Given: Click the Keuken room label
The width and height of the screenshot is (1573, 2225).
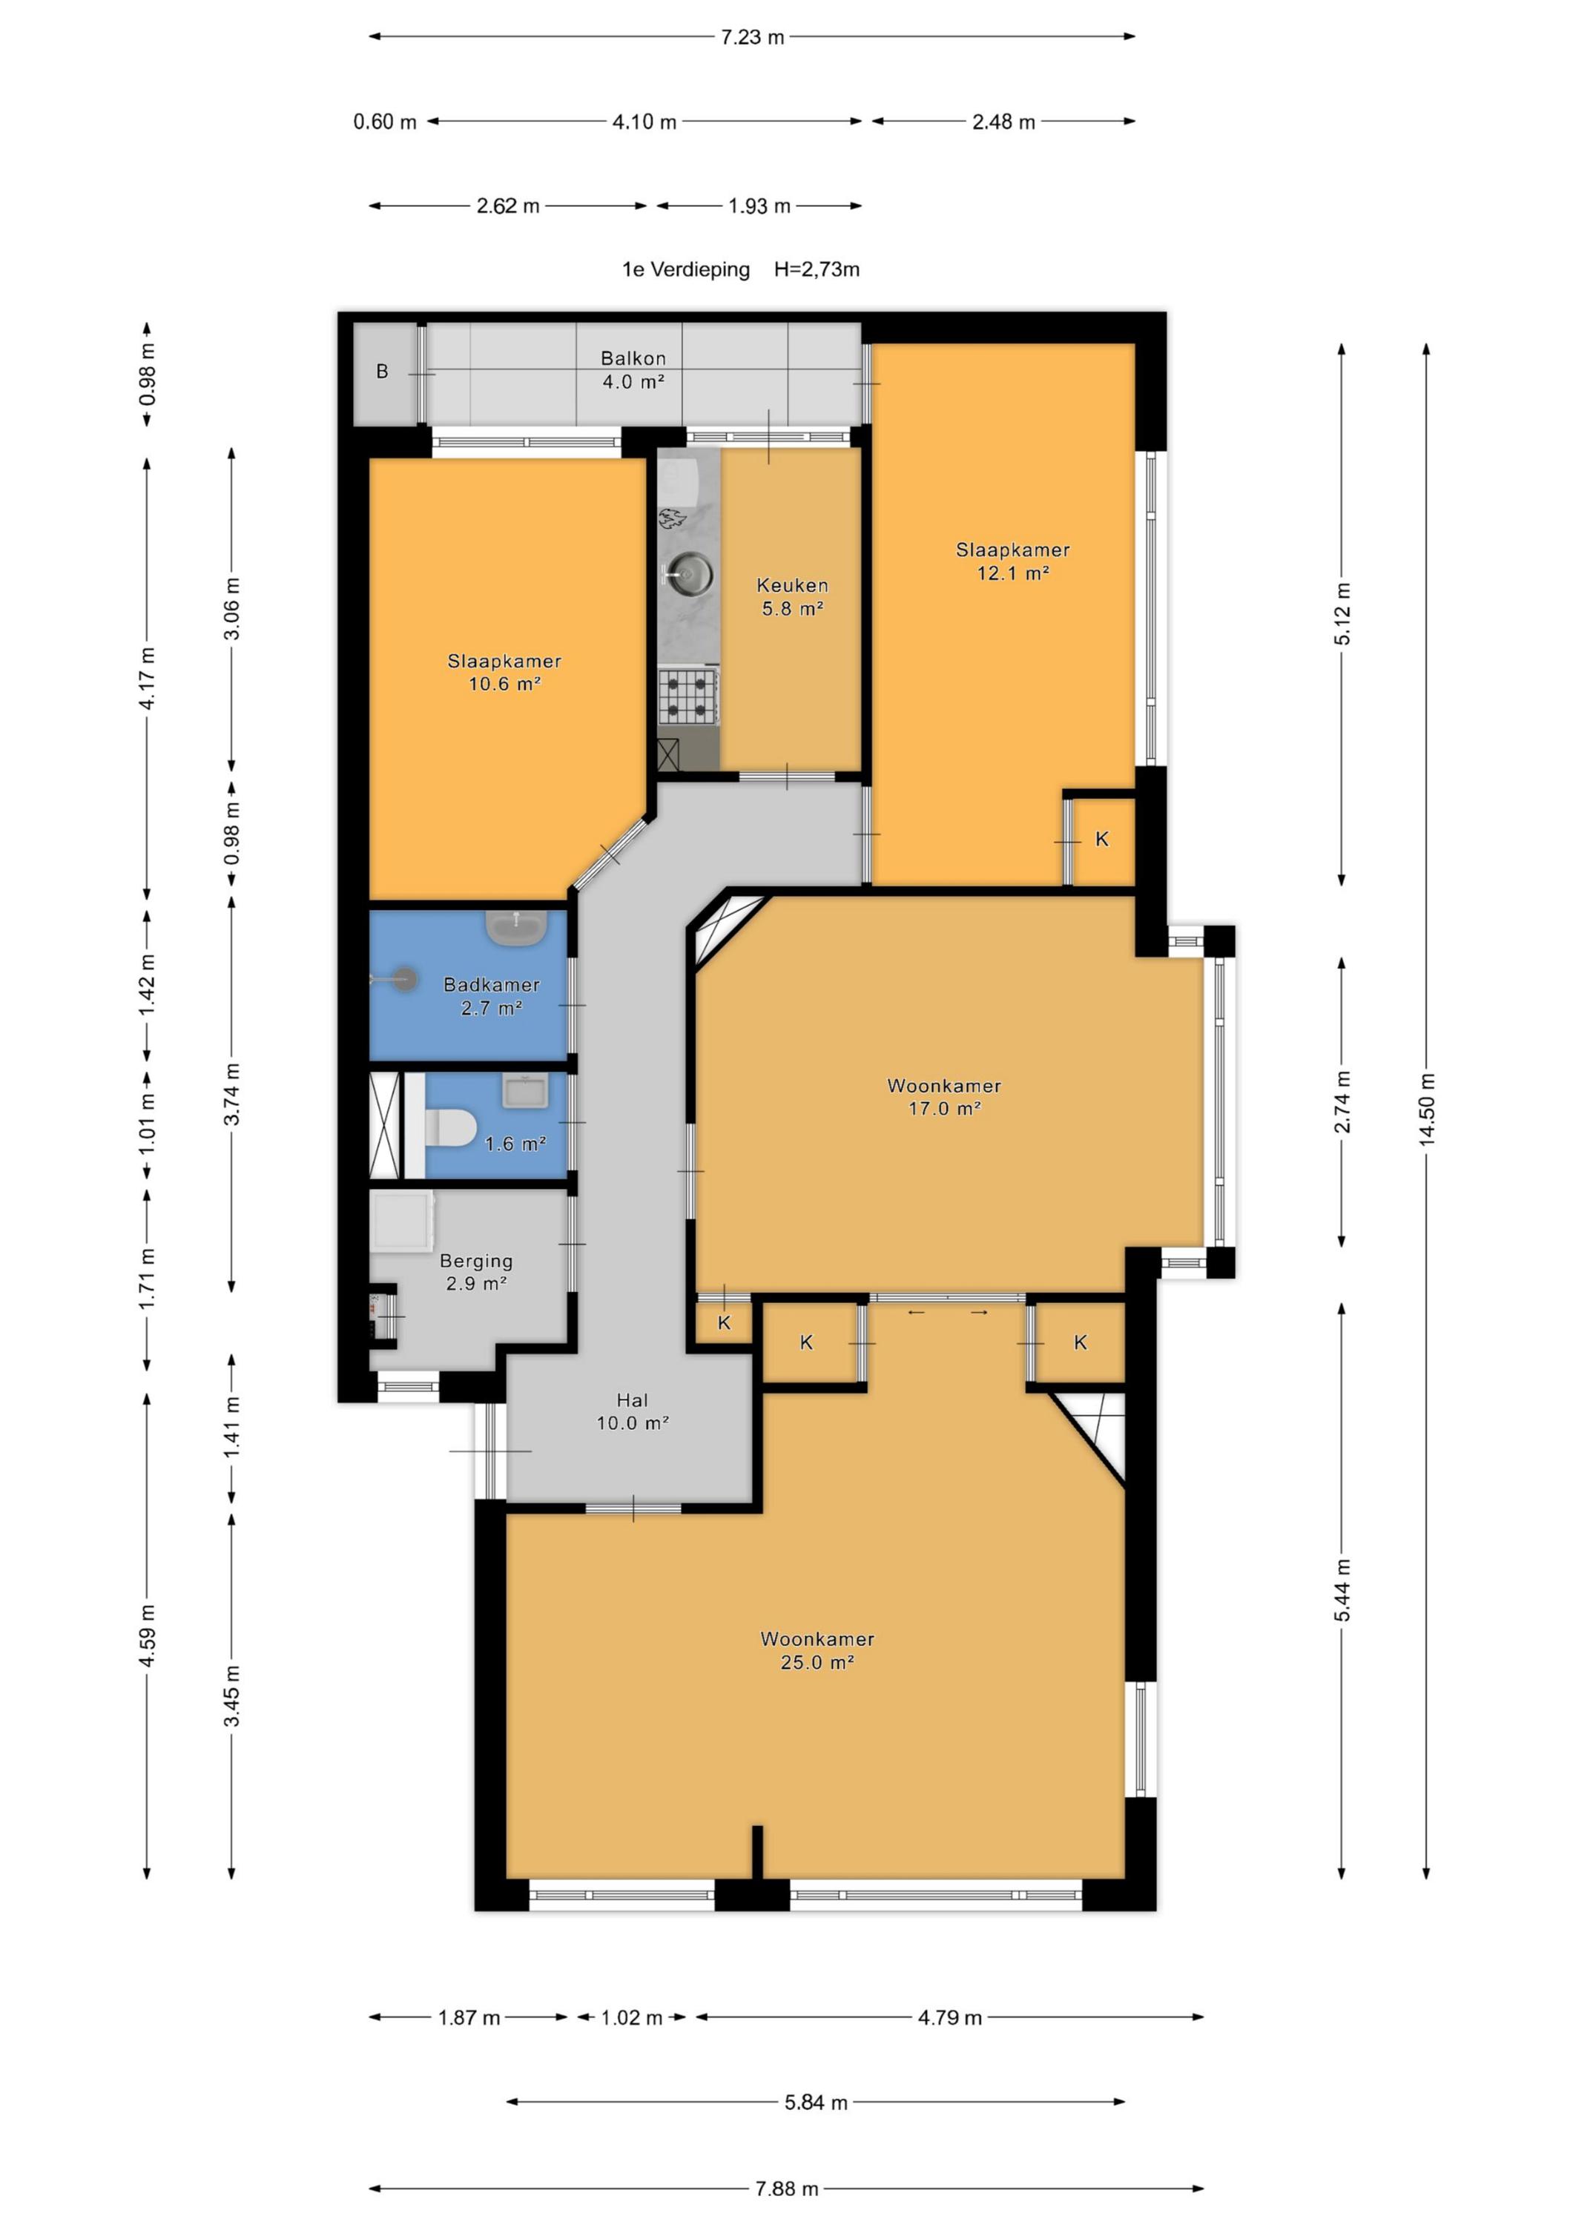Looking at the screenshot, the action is click(x=792, y=585).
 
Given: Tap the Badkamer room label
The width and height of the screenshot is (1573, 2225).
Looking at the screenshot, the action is click(x=492, y=985).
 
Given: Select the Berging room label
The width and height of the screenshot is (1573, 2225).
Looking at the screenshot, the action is click(x=476, y=1261).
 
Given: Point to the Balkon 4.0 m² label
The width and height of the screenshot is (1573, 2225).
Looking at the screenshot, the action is click(x=633, y=369).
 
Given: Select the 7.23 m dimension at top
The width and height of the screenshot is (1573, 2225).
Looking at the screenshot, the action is click(x=752, y=37).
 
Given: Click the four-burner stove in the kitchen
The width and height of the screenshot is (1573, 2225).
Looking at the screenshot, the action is click(x=689, y=696).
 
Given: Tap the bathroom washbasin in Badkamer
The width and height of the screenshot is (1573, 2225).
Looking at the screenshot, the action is click(x=517, y=927).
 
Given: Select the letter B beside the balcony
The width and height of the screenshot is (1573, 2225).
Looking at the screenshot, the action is click(x=382, y=371).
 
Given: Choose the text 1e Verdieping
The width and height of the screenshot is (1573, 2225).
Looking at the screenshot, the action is click(x=685, y=269).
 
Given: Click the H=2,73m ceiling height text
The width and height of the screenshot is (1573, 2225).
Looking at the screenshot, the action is click(x=816, y=269).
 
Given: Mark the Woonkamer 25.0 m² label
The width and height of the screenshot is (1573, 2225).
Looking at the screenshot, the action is click(x=817, y=1650).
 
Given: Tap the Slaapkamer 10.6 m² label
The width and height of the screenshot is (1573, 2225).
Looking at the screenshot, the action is click(x=504, y=671).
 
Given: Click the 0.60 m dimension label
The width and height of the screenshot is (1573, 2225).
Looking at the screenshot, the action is click(x=385, y=122).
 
